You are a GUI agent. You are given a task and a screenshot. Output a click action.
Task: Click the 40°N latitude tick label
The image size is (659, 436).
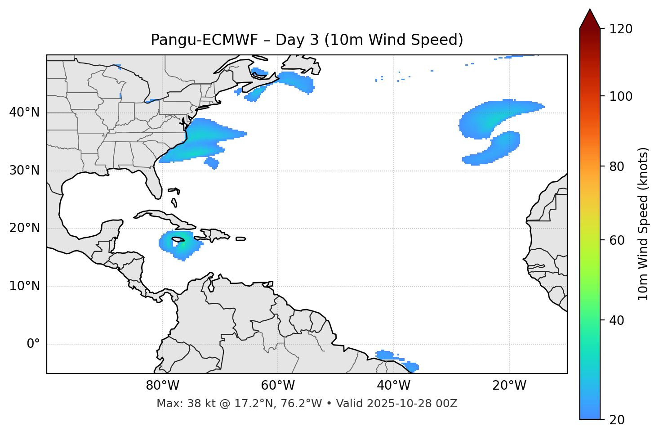click(x=24, y=112)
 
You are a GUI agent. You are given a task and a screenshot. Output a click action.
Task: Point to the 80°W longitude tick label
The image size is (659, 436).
click(x=162, y=386)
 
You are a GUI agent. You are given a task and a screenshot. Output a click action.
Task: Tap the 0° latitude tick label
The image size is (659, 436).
click(x=33, y=344)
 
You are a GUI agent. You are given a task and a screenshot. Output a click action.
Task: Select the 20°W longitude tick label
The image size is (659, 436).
click(x=509, y=386)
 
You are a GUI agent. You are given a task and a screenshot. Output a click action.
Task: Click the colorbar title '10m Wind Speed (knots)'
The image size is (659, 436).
click(x=643, y=224)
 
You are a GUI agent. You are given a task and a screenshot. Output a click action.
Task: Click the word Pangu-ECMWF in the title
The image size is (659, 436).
click(x=204, y=40)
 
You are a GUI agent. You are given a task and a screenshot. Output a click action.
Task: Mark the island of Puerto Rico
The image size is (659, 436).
click(x=240, y=239)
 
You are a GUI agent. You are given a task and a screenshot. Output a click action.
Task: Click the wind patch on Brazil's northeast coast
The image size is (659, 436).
click(x=396, y=359)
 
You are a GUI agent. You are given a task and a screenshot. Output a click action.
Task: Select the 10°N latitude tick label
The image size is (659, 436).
click(x=24, y=286)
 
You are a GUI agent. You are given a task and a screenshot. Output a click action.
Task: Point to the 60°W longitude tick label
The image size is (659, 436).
click(x=277, y=386)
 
